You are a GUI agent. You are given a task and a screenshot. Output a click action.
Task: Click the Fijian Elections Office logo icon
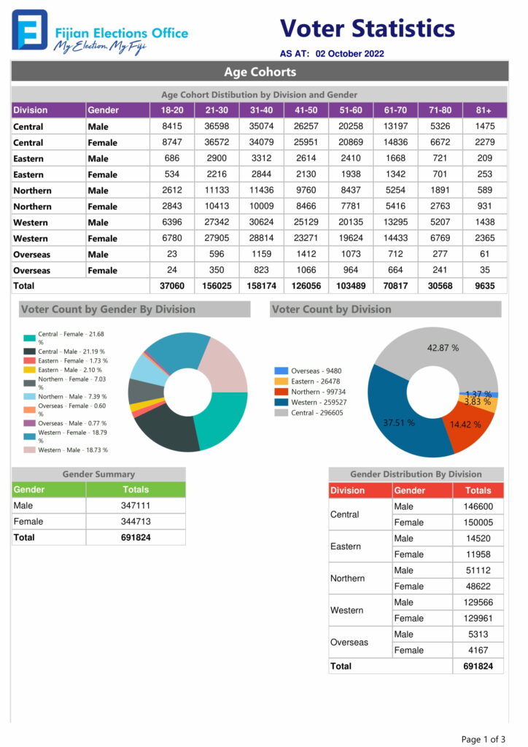click(29, 29)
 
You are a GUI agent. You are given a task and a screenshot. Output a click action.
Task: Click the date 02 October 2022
click(349, 53)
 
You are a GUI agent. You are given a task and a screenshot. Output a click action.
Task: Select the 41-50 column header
click(306, 110)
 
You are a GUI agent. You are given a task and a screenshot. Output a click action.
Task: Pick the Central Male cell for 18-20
click(172, 126)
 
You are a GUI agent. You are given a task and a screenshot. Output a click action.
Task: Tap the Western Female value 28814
click(261, 238)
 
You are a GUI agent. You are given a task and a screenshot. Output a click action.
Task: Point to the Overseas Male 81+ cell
click(485, 254)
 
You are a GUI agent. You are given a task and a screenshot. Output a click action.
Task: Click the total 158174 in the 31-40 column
click(261, 286)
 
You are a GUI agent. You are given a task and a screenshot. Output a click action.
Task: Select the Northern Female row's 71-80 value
click(440, 206)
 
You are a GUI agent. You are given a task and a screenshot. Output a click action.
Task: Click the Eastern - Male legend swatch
click(29, 370)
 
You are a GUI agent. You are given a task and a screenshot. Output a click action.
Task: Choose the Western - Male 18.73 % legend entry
click(66, 449)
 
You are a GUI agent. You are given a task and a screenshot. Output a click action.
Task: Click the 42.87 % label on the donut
click(443, 348)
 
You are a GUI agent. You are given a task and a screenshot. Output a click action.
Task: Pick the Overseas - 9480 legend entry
click(308, 371)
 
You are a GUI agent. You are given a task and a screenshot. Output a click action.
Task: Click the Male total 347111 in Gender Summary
click(136, 506)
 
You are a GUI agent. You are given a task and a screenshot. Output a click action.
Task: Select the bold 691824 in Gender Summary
click(136, 538)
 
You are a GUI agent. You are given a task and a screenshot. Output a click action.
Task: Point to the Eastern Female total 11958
click(478, 554)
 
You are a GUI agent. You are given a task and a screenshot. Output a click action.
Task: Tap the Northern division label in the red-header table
click(348, 578)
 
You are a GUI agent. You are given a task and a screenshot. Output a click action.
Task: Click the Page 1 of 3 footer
click(484, 739)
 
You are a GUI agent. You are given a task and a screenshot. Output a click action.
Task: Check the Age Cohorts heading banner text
click(260, 72)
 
